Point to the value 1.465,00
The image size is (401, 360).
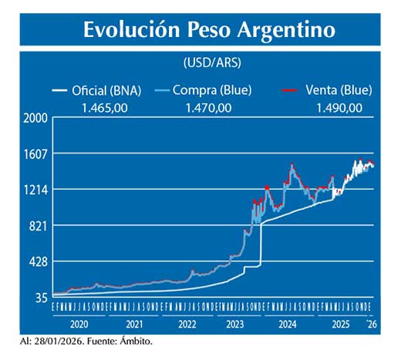(x=106, y=107)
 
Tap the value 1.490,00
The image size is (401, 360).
(x=338, y=107)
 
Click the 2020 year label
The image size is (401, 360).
(x=79, y=325)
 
